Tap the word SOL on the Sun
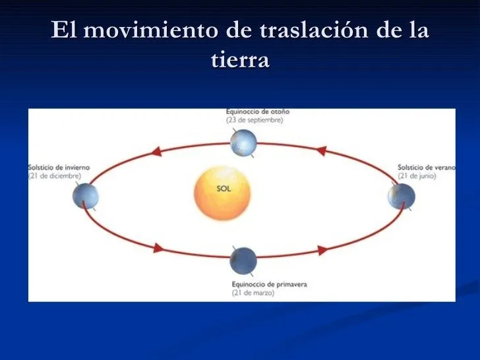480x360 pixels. point(224,189)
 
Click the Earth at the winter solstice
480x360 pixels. point(85,196)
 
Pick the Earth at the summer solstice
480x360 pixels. point(402,196)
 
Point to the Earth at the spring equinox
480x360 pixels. point(243,260)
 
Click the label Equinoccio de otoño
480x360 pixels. point(257,112)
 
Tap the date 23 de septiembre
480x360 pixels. point(255,121)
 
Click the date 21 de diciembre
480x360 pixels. point(55,176)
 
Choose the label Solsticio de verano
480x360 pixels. point(426,167)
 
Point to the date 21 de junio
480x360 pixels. point(418,176)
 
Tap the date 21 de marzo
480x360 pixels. point(253,293)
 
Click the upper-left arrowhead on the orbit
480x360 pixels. point(156,152)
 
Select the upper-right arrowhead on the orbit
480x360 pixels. point(320,151)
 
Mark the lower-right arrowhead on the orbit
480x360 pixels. point(322,250)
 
